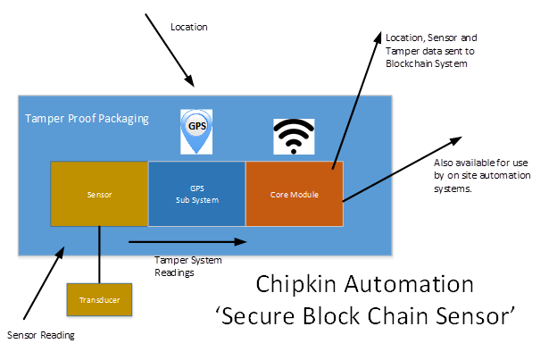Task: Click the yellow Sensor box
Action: [x=98, y=193]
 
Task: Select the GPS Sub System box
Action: [x=196, y=193]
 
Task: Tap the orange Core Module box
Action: [x=294, y=193]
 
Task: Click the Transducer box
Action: [x=99, y=300]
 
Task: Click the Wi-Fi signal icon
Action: [x=294, y=137]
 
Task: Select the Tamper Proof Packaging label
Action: [x=87, y=119]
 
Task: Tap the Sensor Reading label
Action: [x=41, y=336]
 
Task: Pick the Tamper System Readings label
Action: [x=187, y=265]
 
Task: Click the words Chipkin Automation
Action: [x=365, y=285]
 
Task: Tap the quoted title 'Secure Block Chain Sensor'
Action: [x=367, y=315]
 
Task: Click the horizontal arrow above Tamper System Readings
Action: [x=187, y=241]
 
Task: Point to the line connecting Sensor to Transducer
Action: [x=99, y=254]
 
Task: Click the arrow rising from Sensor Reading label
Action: [x=39, y=285]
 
